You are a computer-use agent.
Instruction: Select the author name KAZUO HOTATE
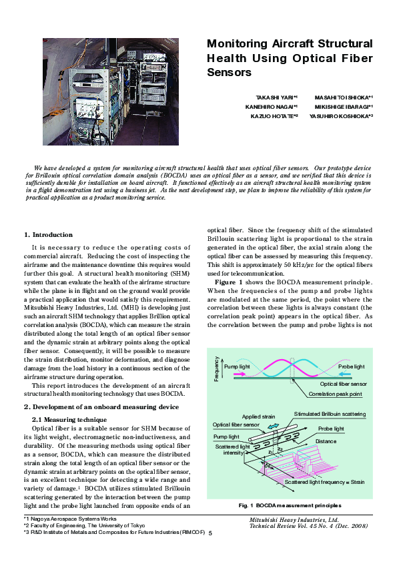click(x=274, y=115)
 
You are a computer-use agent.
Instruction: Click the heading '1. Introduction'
click(x=48, y=235)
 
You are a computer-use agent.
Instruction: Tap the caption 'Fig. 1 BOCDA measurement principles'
click(x=290, y=505)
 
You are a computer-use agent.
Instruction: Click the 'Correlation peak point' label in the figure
click(x=336, y=394)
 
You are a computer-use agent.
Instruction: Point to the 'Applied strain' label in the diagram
click(x=258, y=416)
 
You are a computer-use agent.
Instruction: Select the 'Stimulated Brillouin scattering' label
click(x=330, y=414)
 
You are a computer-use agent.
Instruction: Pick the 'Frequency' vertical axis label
click(x=216, y=368)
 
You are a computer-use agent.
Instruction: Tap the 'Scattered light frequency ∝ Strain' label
click(x=324, y=481)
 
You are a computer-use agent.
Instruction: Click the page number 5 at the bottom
click(x=210, y=533)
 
